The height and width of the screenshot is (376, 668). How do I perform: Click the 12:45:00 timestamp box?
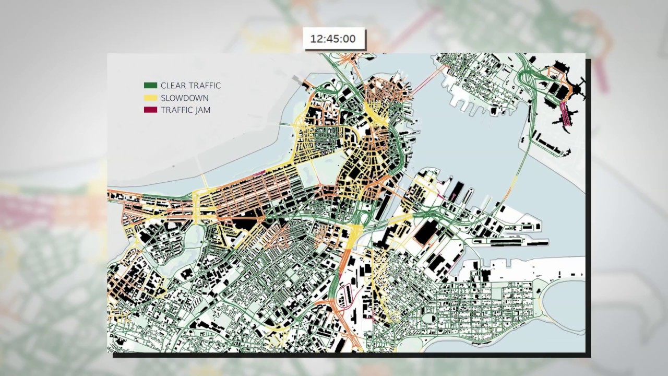(x=335, y=39)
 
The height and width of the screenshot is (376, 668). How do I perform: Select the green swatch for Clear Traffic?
(x=150, y=86)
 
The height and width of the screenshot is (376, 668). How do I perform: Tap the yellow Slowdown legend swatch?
(x=150, y=98)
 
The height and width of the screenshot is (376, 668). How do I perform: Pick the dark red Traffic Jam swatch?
(x=150, y=110)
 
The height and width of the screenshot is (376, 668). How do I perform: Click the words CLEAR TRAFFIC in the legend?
(x=190, y=86)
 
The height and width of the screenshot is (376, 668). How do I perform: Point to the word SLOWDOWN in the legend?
(x=184, y=98)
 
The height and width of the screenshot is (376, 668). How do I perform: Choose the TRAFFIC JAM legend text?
(x=185, y=110)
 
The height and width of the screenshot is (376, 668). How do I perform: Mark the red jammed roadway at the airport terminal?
(x=564, y=113)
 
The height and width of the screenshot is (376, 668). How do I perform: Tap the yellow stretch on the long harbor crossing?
(x=515, y=183)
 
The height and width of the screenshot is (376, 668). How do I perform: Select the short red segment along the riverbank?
(x=258, y=172)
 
